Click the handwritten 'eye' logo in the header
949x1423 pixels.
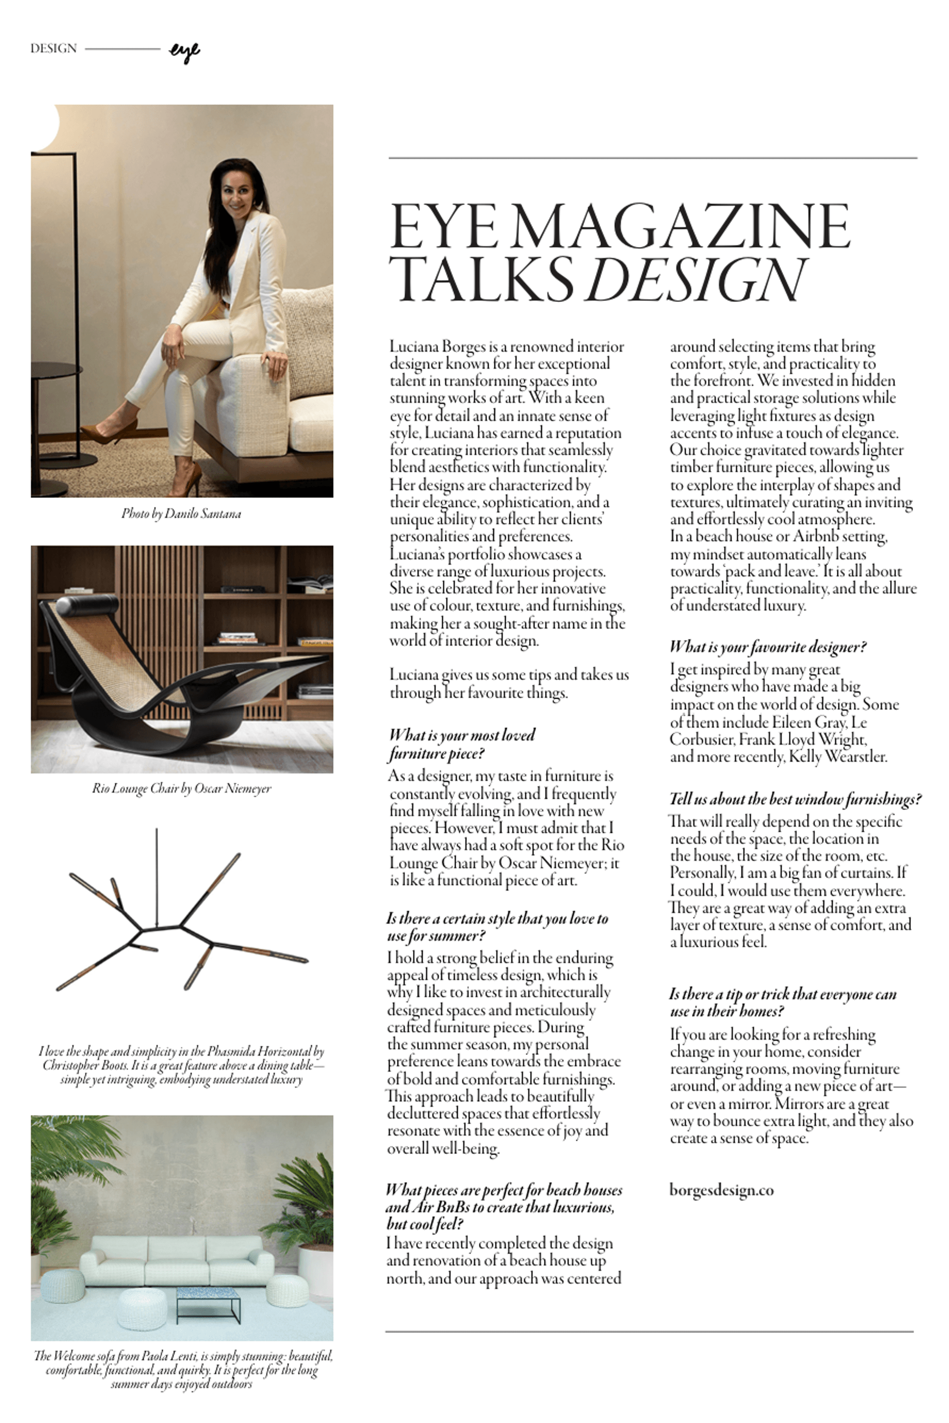tap(184, 52)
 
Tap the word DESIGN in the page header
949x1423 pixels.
tap(53, 48)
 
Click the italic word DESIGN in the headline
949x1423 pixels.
tap(697, 279)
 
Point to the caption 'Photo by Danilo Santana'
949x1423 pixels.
tap(181, 514)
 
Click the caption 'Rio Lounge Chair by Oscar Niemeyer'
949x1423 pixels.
tap(181, 788)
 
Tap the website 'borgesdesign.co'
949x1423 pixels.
tap(721, 1189)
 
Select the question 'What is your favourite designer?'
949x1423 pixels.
tap(768, 647)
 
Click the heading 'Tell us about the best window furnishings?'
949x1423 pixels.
tap(795, 799)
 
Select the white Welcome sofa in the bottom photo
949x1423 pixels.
tap(176, 1259)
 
